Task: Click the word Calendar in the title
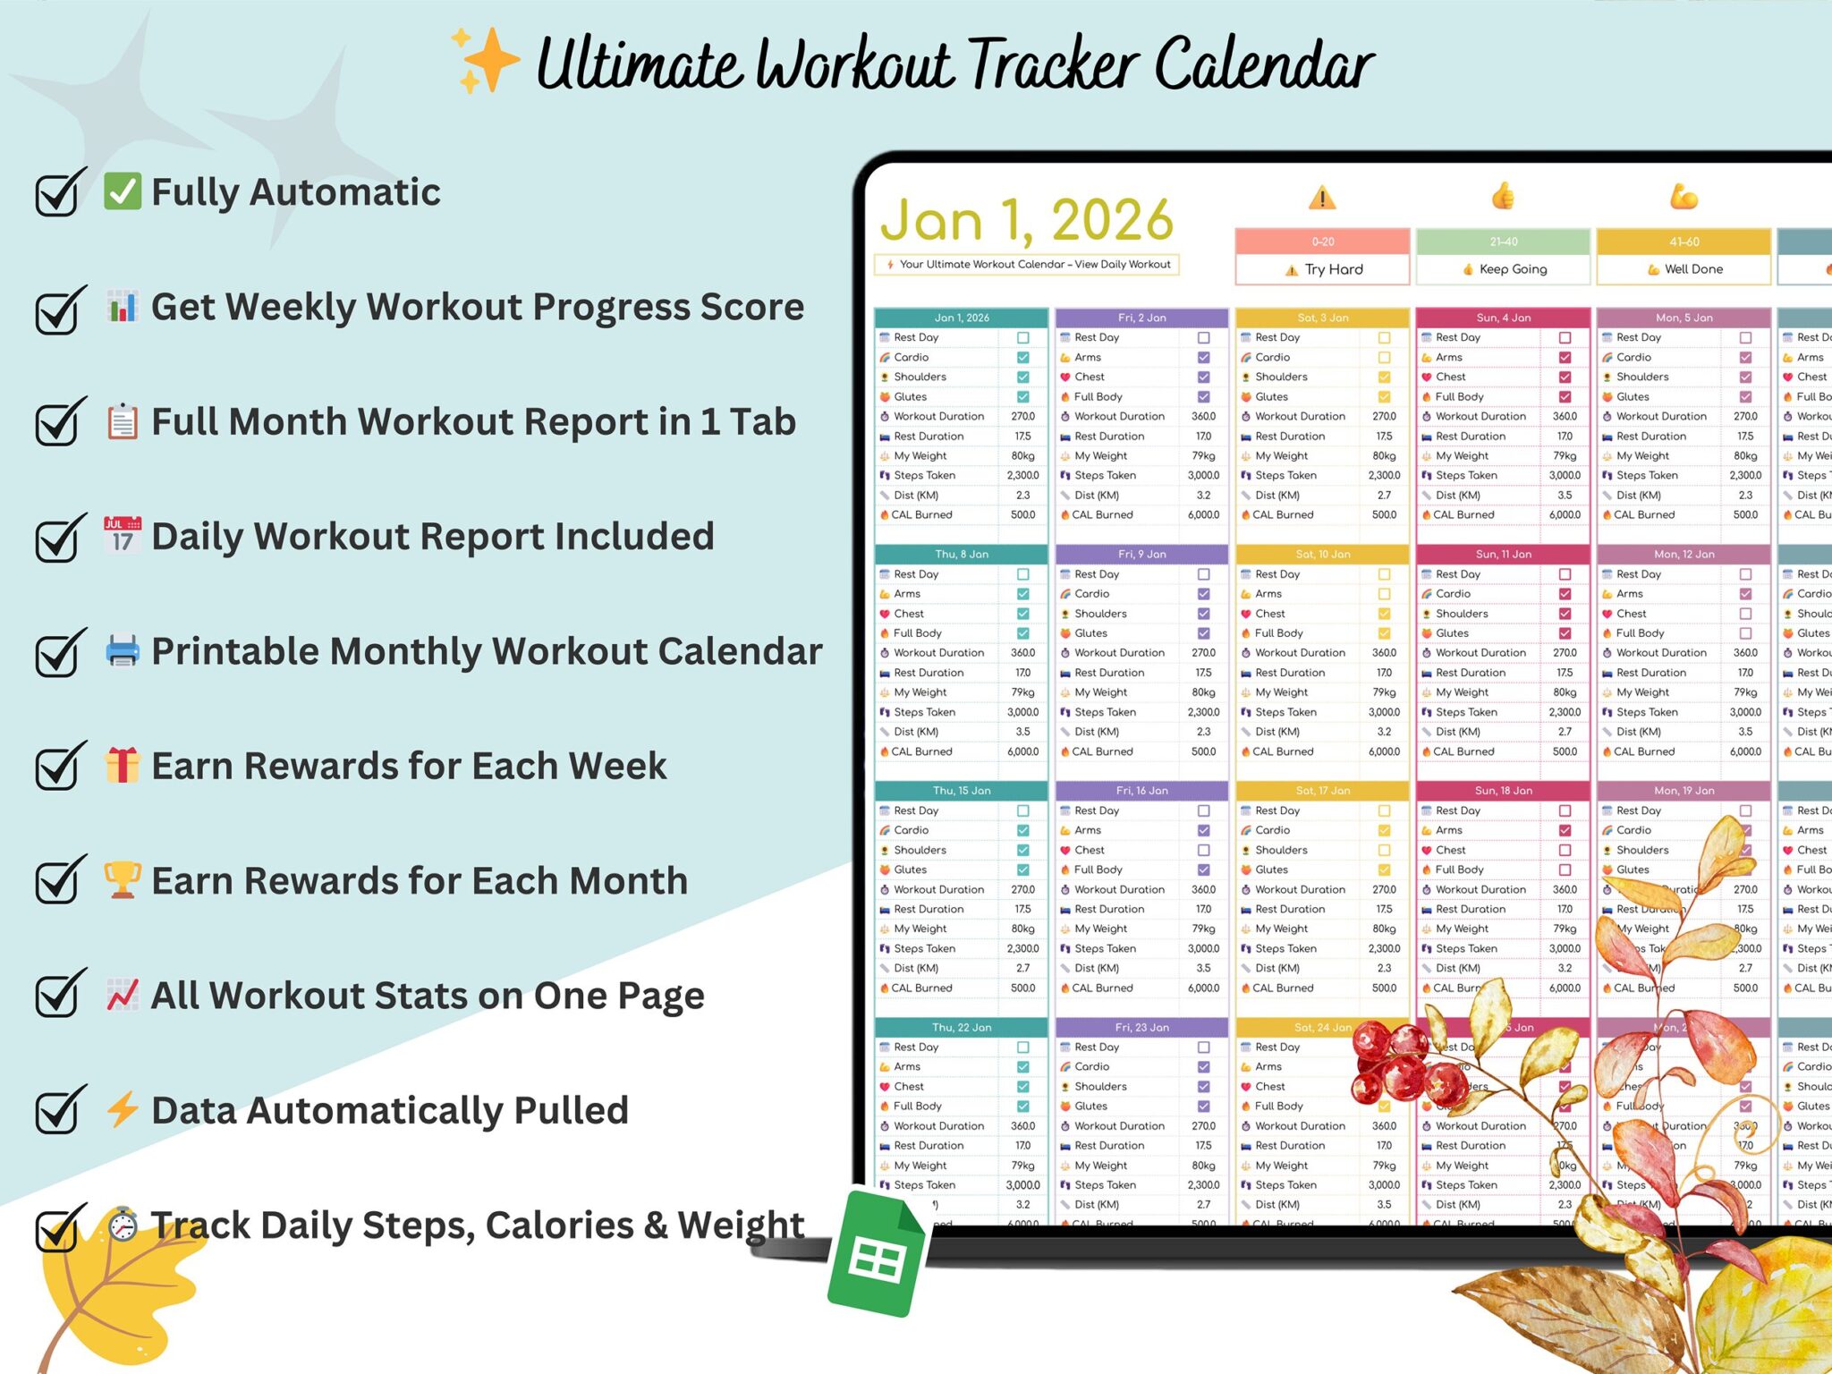pyautogui.click(x=1263, y=64)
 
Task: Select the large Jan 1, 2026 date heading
pyautogui.click(x=1026, y=220)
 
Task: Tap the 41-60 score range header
pyautogui.click(x=1684, y=242)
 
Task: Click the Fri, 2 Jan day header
pyautogui.click(x=1141, y=318)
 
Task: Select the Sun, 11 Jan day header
pyautogui.click(x=1503, y=555)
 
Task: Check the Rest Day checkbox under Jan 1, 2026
pyautogui.click(x=1022, y=338)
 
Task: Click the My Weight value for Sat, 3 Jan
pyautogui.click(x=1384, y=456)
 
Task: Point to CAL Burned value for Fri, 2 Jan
pyautogui.click(x=1203, y=515)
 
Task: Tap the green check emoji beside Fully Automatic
pyautogui.click(x=123, y=191)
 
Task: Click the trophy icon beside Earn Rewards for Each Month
pyautogui.click(x=123, y=880)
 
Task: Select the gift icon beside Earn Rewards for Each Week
pyautogui.click(x=123, y=766)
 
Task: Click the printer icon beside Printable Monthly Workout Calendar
pyautogui.click(x=123, y=650)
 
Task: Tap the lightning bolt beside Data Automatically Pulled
pyautogui.click(x=123, y=1110)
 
